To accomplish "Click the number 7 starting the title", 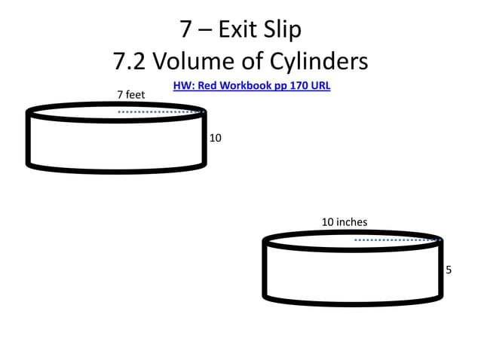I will (186, 29).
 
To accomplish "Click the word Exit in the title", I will (237, 29).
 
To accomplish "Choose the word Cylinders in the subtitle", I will (317, 60).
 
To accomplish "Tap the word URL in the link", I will (320, 86).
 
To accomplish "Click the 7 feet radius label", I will (130, 94).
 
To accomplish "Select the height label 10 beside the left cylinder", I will (216, 139).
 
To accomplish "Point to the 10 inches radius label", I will (344, 222).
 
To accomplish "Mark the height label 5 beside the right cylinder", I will (449, 270).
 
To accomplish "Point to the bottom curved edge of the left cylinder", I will (117, 169).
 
